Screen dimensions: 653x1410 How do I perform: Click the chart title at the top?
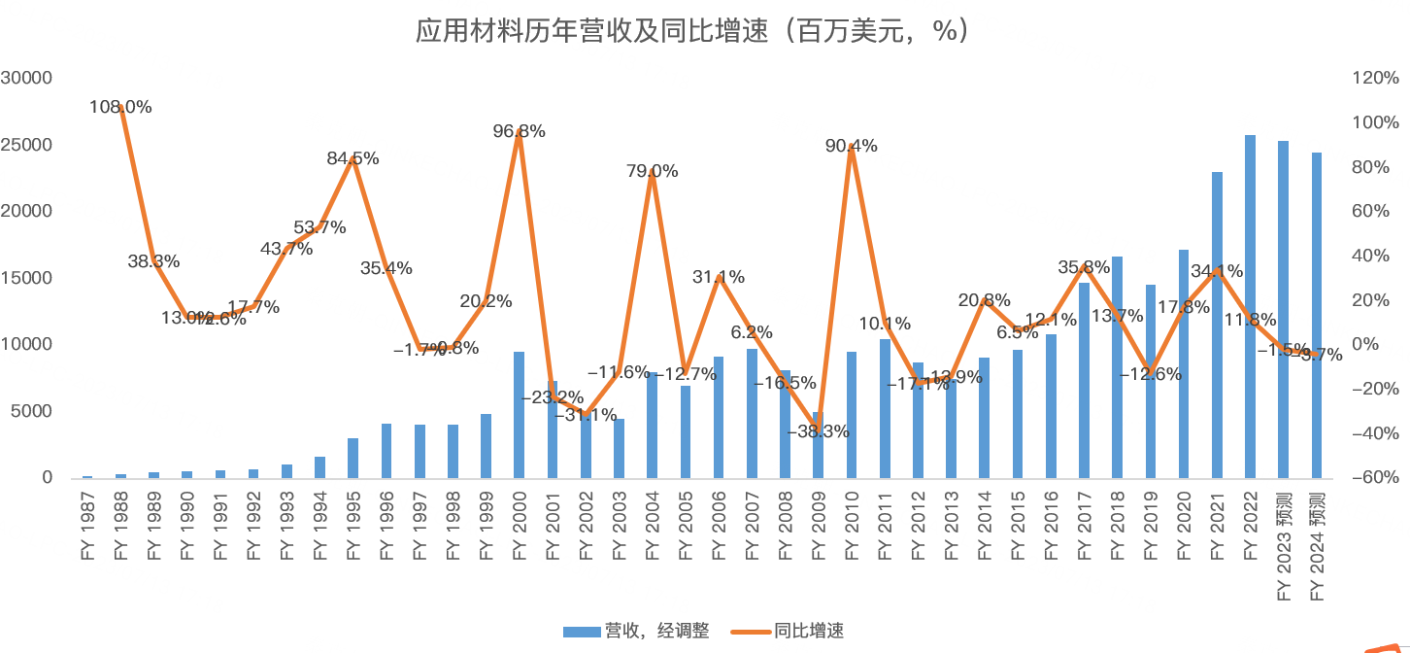pyautogui.click(x=691, y=31)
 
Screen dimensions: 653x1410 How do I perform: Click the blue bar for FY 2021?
pyautogui.click(x=1217, y=325)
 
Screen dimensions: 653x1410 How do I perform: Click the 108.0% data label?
pyautogui.click(x=120, y=107)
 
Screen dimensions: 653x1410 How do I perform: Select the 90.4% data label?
pyautogui.click(x=852, y=146)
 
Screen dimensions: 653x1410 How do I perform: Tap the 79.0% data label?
pyautogui.click(x=653, y=171)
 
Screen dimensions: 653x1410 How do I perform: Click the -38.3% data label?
pyautogui.click(x=818, y=431)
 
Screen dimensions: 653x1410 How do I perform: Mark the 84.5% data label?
pyautogui.click(x=352, y=157)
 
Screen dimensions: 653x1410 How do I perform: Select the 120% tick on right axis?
pyautogui.click(x=1369, y=78)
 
